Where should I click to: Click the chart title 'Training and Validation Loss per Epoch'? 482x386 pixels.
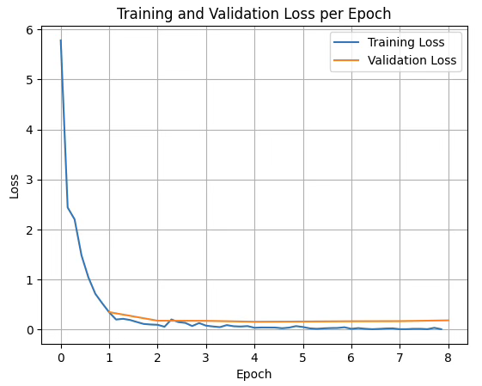tap(253, 14)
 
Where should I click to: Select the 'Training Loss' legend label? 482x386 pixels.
tap(406, 42)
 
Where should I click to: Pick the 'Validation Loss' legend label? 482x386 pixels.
tap(412, 60)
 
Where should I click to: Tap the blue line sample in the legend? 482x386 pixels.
tap(346, 42)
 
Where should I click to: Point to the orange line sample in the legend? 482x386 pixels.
tap(346, 60)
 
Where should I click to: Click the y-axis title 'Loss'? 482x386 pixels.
tap(14, 187)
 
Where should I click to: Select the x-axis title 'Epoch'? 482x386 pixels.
tap(254, 374)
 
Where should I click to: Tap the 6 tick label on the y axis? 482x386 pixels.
tap(29, 30)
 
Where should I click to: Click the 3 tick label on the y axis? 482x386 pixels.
tap(29, 180)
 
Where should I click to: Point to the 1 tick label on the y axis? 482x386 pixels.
tap(29, 280)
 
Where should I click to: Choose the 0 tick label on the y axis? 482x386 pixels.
tap(29, 330)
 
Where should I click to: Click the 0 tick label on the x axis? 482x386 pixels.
tap(61, 358)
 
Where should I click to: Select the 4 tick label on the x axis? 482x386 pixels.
tap(254, 358)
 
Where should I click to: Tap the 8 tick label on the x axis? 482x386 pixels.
tap(448, 358)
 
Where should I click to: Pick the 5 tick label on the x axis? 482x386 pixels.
tap(303, 358)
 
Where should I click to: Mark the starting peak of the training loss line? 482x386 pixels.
tap(61, 40)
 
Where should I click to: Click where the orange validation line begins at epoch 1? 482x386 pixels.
tap(109, 312)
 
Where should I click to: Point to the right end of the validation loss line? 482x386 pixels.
tap(448, 321)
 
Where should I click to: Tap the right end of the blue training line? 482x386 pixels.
tap(442, 329)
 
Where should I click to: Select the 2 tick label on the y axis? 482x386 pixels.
tap(29, 230)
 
